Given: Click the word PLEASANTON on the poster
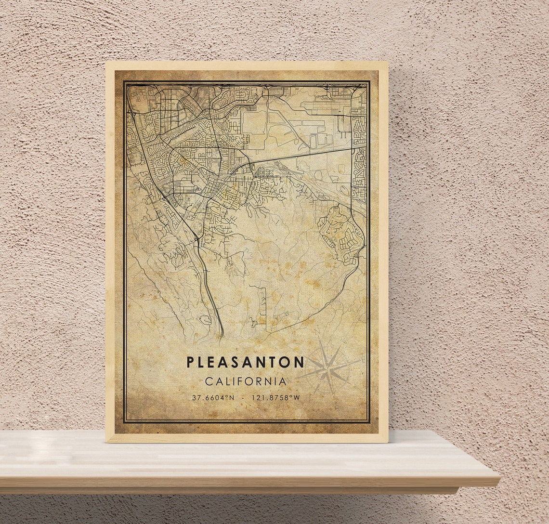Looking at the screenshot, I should pos(245,362).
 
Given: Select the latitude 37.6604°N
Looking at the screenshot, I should pos(213,398).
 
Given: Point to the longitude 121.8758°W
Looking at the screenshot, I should pos(274,398).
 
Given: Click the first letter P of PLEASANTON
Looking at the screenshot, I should pos(190,362).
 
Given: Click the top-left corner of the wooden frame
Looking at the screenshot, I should pos(106,62).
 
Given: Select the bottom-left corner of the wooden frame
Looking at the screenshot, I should pos(106,441).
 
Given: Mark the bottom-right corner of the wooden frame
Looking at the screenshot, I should pos(387,441).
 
